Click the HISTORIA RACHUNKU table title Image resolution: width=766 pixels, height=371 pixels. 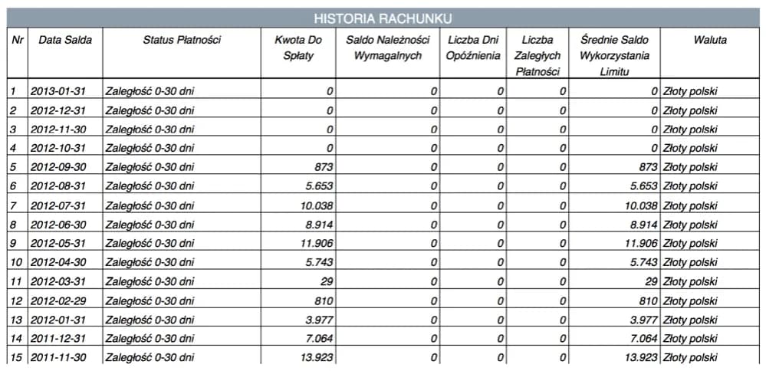pos(383,18)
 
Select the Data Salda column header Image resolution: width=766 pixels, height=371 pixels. pos(65,40)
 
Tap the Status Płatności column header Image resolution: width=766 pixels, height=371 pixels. pos(182,40)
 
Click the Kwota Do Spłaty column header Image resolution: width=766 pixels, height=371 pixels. pos(298,48)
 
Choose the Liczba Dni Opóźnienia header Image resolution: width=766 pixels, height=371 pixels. pos(473,48)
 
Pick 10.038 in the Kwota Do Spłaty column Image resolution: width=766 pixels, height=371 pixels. pos(317,205)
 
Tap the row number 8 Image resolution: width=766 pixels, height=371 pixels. pos(13,225)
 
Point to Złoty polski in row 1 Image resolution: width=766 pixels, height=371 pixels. pos(690,91)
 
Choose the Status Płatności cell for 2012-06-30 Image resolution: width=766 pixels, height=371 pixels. pos(150,225)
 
